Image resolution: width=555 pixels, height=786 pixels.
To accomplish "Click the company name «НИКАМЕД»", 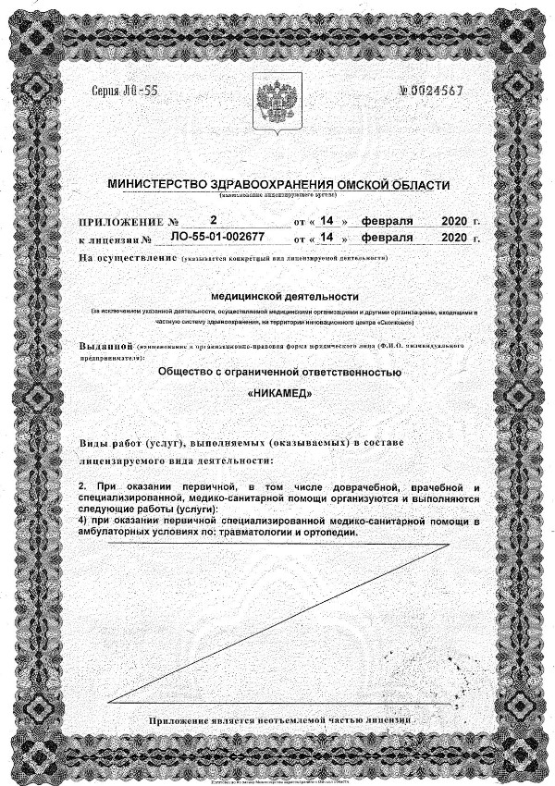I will pyautogui.click(x=280, y=391).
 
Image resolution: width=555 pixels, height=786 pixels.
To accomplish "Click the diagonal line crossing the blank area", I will pyautogui.click(x=277, y=621).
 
